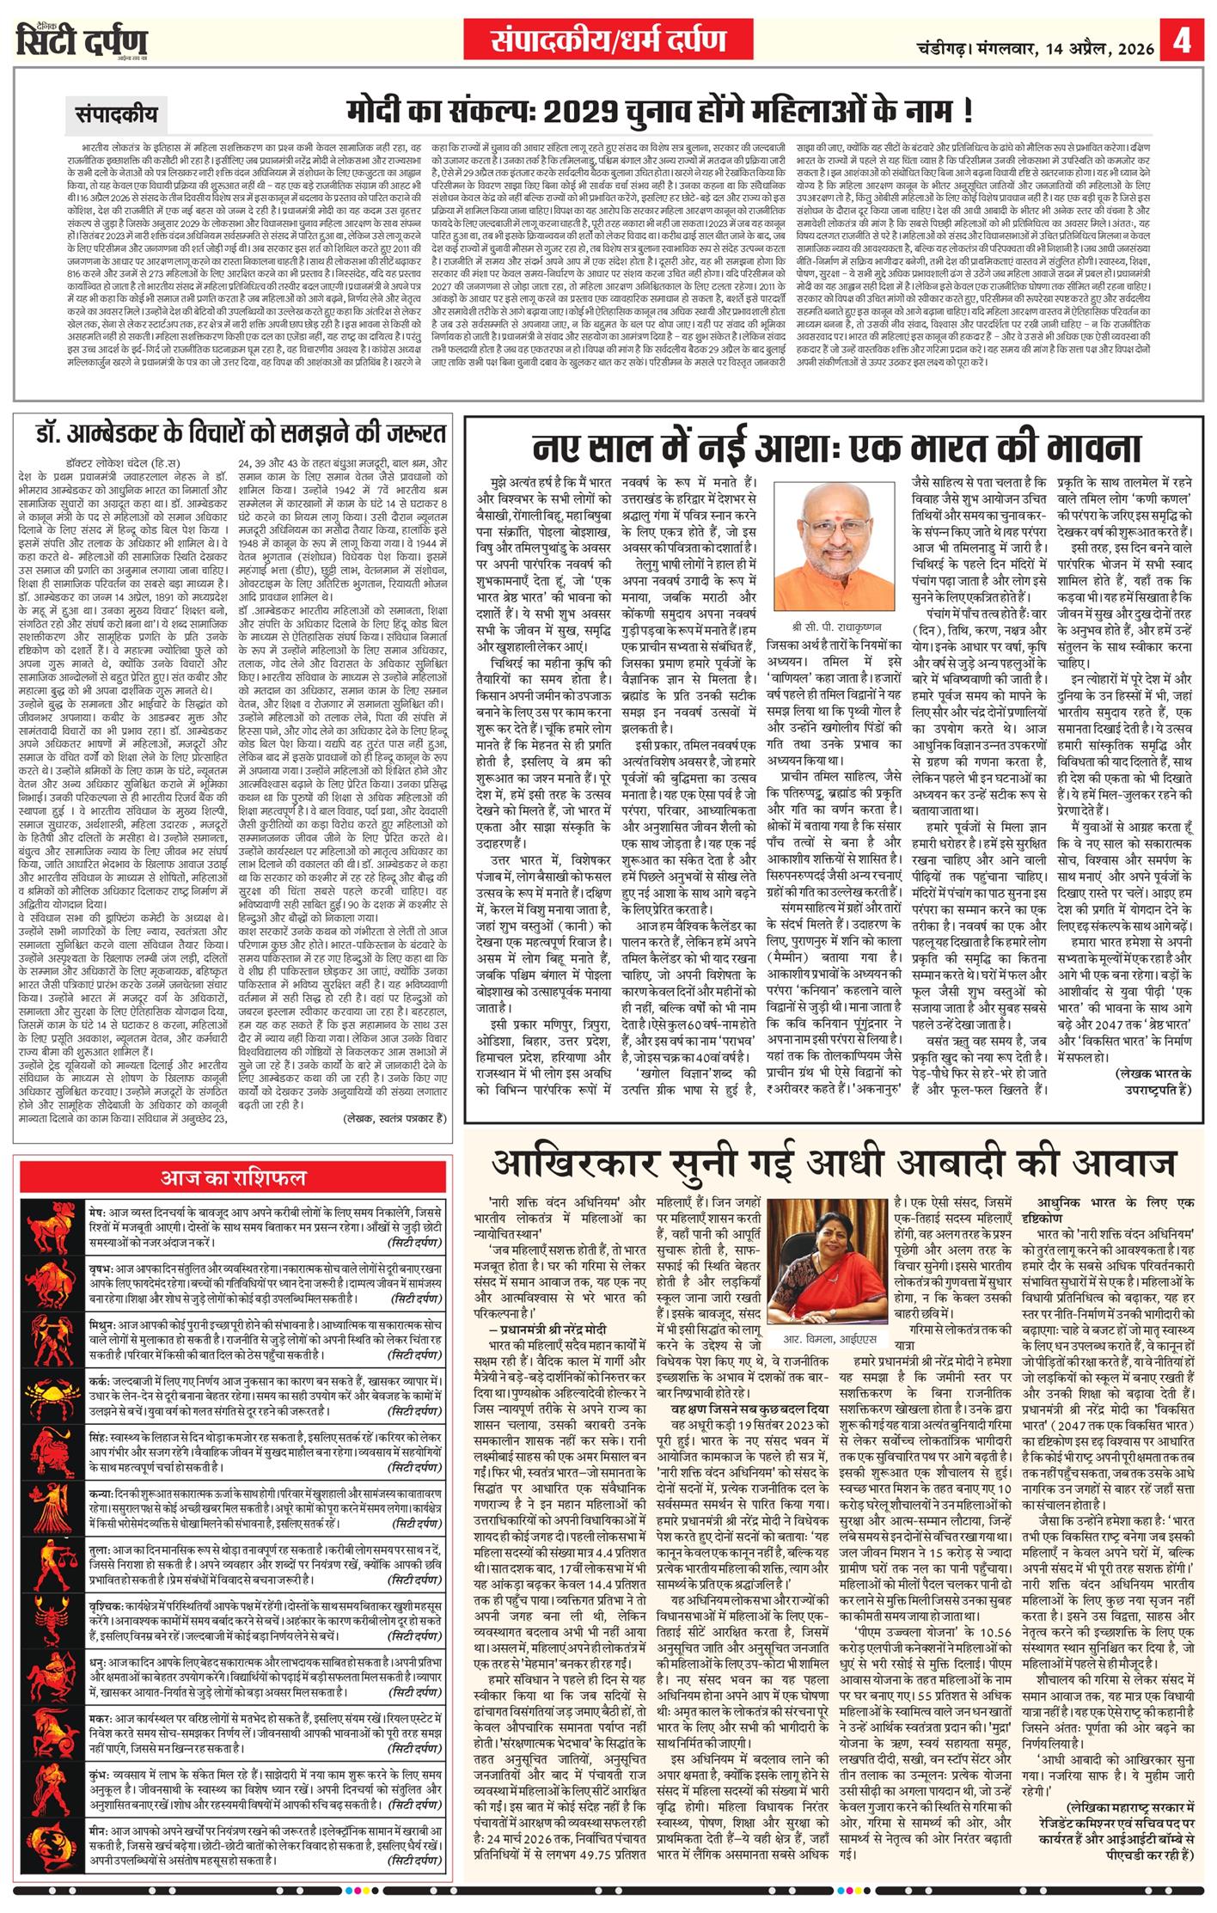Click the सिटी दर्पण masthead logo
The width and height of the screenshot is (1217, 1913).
point(82,41)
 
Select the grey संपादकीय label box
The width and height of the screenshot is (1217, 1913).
point(116,113)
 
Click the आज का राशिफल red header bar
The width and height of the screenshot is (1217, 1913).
point(234,1177)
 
